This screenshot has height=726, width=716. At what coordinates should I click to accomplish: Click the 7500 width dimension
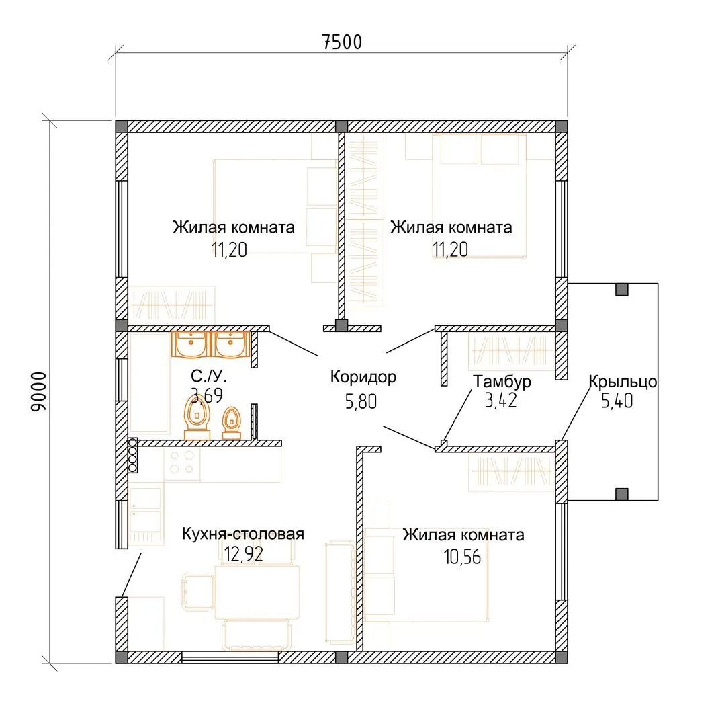coord(342,42)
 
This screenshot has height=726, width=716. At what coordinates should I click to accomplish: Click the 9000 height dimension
coord(38,392)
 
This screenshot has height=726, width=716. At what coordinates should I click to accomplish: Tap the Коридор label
coord(363,377)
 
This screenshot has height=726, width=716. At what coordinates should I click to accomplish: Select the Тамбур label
coord(502,382)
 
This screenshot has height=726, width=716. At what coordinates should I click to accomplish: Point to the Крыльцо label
coord(623,382)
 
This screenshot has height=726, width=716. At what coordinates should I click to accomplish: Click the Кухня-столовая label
coord(243,534)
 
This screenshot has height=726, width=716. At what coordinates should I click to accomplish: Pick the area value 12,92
coord(243,554)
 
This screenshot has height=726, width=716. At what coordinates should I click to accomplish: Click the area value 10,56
coord(462,557)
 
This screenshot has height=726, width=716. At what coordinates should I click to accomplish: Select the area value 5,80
coord(361,401)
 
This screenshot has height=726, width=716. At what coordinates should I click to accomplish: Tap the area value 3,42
coord(500,401)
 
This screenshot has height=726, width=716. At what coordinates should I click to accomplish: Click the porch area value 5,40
coord(617,401)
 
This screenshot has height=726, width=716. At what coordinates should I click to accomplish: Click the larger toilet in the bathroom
coord(197,417)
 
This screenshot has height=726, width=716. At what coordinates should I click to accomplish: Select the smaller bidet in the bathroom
coord(231,423)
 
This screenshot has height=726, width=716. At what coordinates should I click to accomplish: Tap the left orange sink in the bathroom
coord(191,345)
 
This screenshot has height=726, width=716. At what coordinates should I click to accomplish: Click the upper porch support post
coord(622,289)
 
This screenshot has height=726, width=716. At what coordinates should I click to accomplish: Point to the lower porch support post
coord(622,494)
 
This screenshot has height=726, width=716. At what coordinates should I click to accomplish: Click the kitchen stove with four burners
coord(182,462)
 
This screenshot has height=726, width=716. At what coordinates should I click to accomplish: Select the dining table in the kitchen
coord(257,592)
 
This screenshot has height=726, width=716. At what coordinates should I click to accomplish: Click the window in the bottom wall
coord(230,657)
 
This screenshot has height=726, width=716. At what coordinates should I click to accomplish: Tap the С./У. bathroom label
coord(209,376)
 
